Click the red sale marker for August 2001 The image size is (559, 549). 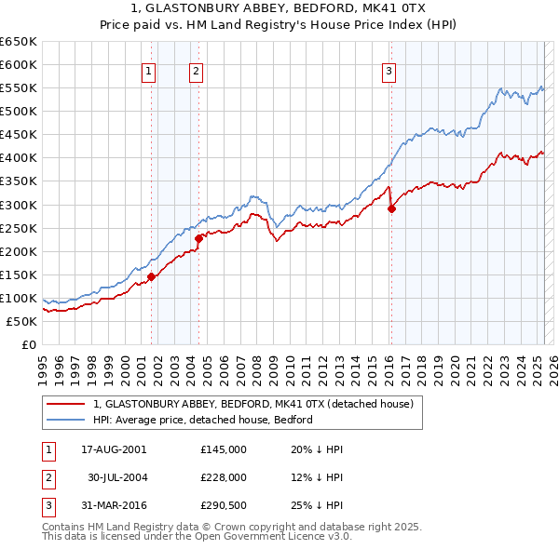coord(151,276)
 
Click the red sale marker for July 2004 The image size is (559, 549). coord(198,238)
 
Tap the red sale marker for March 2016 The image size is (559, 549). coord(391,208)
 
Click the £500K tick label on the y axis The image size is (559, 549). coord(18,111)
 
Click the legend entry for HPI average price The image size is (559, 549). coord(203,420)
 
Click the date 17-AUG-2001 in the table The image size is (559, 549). coord(114,449)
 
